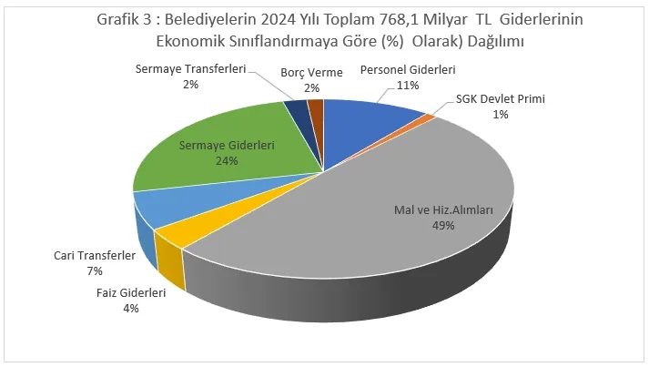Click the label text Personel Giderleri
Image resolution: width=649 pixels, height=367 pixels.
pos(407,70)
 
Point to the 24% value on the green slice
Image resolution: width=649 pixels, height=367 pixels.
pos(227,161)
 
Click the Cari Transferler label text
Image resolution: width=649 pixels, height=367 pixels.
pos(95,257)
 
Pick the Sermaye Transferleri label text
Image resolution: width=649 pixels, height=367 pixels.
pos(191,69)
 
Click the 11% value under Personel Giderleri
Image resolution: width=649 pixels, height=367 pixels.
pos(408,86)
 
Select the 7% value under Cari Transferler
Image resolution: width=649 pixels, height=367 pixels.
pos(96,271)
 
